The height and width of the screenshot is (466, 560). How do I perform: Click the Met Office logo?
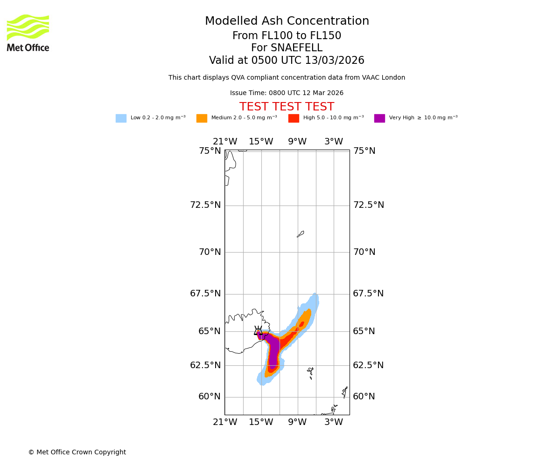point(28,33)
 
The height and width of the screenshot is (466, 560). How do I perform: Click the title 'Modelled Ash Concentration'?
point(287,21)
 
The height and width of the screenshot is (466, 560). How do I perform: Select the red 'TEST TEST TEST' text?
point(287,107)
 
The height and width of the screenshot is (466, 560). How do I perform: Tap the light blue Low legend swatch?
point(121,118)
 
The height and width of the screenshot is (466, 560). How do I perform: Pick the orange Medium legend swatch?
point(202,118)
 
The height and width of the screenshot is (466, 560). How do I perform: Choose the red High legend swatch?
point(294,118)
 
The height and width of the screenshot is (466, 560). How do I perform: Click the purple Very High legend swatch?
point(379,118)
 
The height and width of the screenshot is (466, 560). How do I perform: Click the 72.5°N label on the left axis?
point(205,205)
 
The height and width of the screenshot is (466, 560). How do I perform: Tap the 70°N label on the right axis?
point(364,252)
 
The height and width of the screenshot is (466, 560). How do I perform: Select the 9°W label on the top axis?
point(297,142)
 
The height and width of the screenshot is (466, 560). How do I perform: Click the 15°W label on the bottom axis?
point(261,422)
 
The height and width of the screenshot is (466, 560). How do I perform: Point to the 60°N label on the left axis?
point(210,397)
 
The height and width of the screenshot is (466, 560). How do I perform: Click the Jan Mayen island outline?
point(301,234)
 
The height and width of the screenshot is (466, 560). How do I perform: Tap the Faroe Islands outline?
point(311,372)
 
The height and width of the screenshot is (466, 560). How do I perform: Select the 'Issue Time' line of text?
point(287,93)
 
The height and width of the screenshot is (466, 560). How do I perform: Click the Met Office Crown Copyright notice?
point(77,452)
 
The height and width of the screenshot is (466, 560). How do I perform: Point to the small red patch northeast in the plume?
point(302,324)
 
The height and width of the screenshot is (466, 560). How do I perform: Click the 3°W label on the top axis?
point(334,142)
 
